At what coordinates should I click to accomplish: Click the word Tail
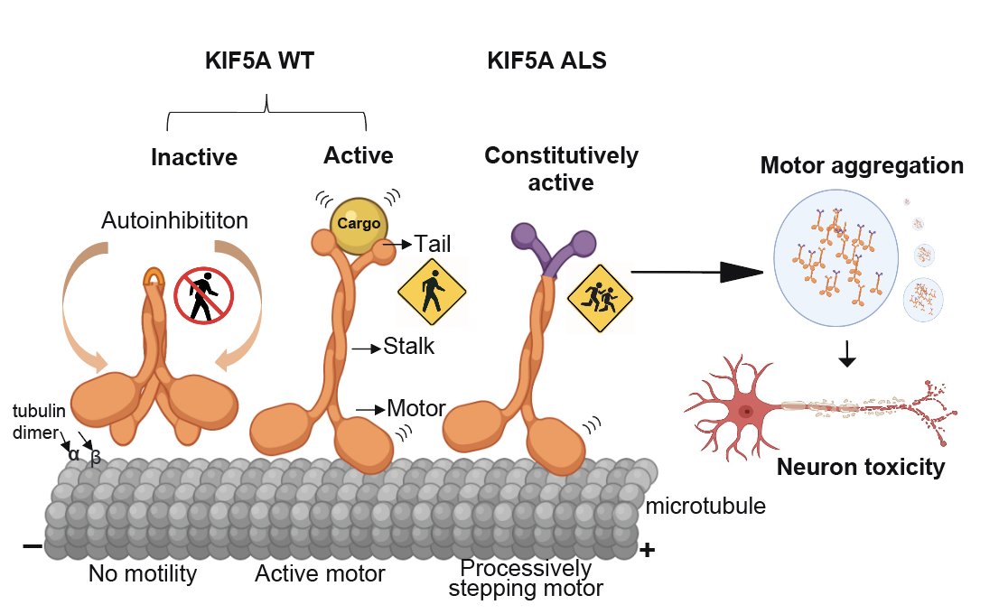click(432, 243)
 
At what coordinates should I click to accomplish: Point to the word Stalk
click(409, 345)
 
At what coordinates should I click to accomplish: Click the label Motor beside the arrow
click(415, 407)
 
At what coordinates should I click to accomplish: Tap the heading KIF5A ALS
click(546, 61)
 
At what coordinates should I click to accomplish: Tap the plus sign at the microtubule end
click(647, 549)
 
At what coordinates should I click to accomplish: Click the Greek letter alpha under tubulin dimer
click(74, 454)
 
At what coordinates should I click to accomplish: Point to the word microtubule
click(705, 505)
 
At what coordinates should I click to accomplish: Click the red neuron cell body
click(746, 412)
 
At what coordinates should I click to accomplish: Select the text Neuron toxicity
click(861, 467)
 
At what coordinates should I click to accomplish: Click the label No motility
click(142, 573)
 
